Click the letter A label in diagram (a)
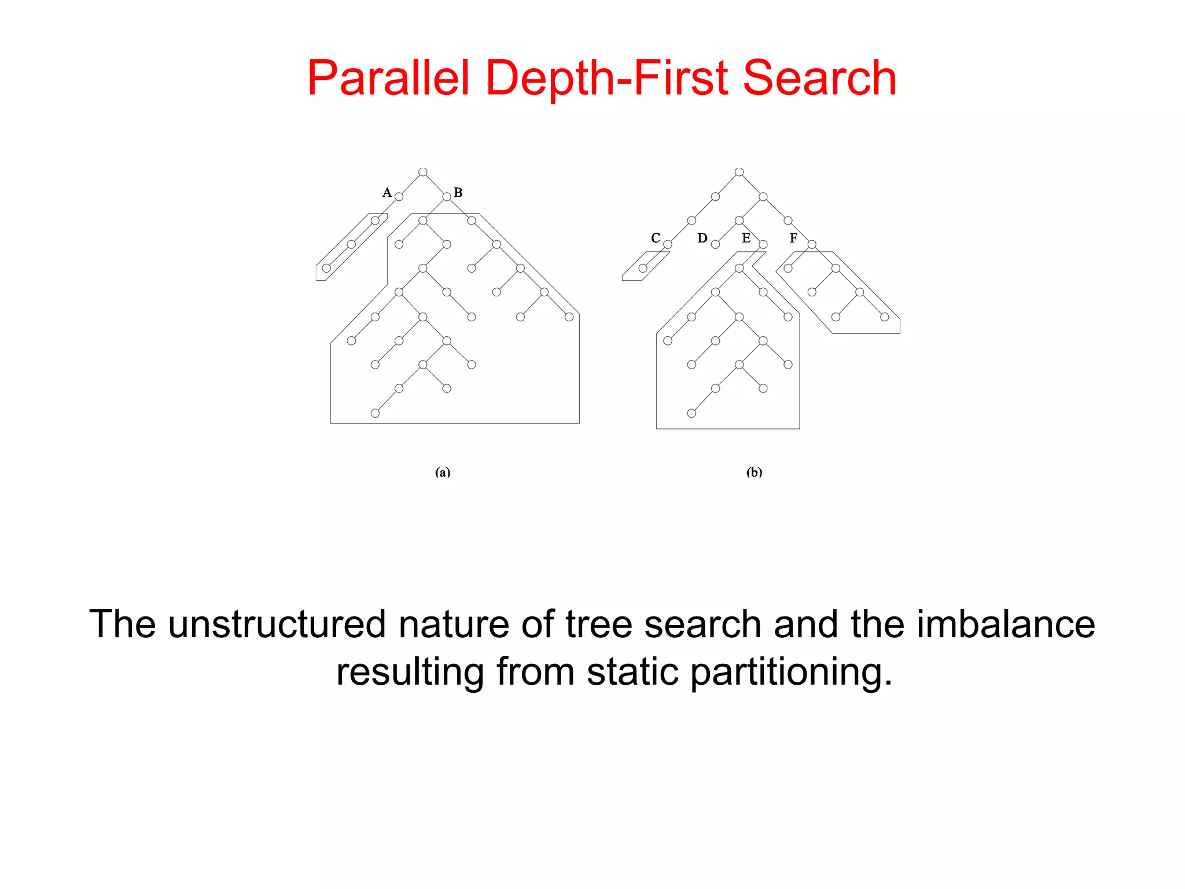pos(387,193)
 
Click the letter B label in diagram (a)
pos(458,193)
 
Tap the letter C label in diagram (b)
pos(656,238)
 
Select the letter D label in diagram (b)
pos(702,238)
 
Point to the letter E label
pos(746,238)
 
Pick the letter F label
pos(793,238)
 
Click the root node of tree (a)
pos(423,172)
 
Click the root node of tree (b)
pos(739,172)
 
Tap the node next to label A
pos(399,197)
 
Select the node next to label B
pos(447,197)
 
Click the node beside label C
pos(668,244)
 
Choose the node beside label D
pos(716,244)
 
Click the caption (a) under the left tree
pos(443,472)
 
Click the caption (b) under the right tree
pos(755,472)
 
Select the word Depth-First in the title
pos(606,80)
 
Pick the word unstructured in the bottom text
pos(277,624)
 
